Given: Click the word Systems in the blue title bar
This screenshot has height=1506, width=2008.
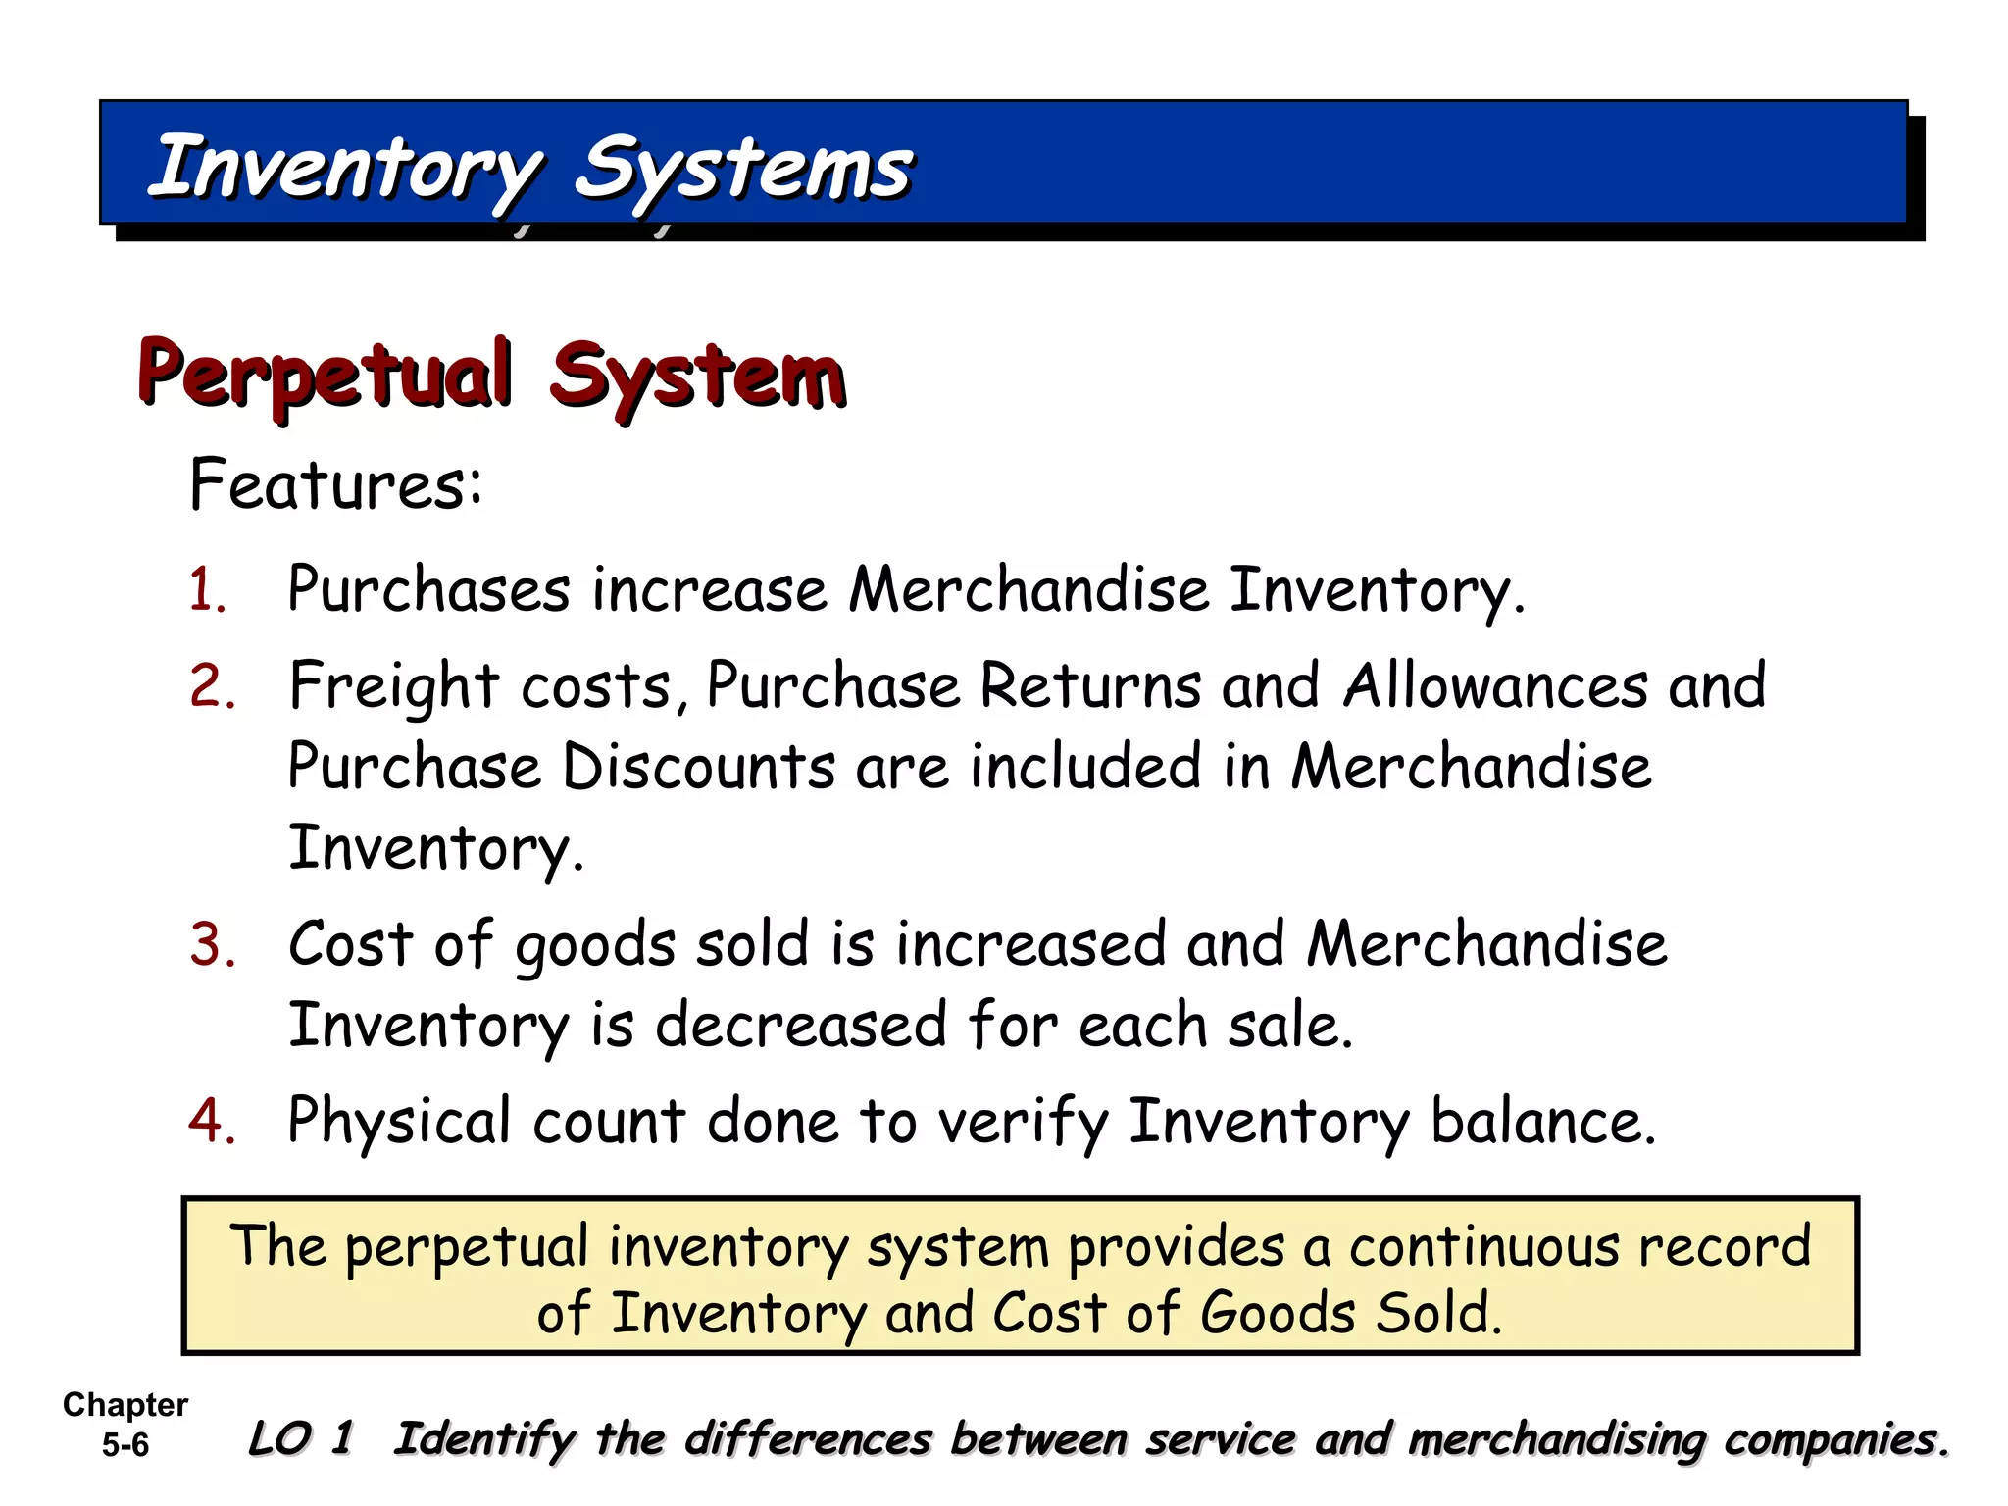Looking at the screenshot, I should [742, 169].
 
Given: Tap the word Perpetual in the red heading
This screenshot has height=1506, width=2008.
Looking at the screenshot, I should [325, 375].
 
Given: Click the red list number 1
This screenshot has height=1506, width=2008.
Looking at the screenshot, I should [209, 590].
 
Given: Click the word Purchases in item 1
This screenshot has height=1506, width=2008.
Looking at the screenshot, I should [428, 590].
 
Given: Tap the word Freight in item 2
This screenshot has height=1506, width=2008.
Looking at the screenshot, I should [394, 685].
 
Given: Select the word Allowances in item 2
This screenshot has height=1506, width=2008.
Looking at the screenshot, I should [1495, 685].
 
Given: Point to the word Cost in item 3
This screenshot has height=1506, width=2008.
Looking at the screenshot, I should [350, 944].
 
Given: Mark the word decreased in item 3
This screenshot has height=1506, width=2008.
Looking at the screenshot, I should [800, 1026].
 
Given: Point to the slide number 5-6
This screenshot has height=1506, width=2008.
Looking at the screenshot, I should [125, 1444].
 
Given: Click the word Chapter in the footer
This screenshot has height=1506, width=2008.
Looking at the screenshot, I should [125, 1405].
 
